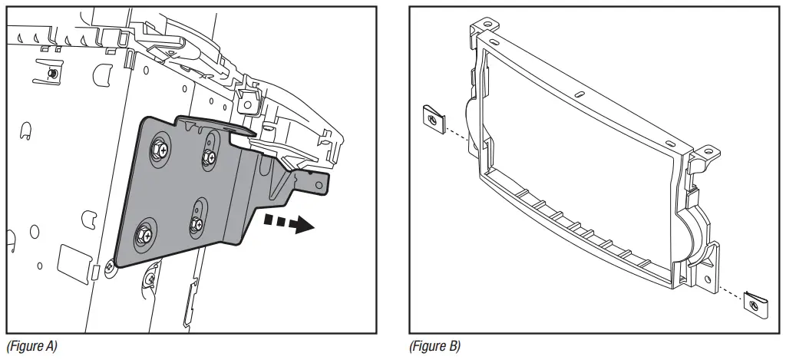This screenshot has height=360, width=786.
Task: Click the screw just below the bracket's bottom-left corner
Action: [x=112, y=266]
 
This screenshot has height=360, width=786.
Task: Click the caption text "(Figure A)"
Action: [x=31, y=347]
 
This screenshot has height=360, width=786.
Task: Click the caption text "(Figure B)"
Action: [x=435, y=347]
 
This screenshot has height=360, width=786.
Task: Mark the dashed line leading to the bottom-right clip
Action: [x=729, y=293]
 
